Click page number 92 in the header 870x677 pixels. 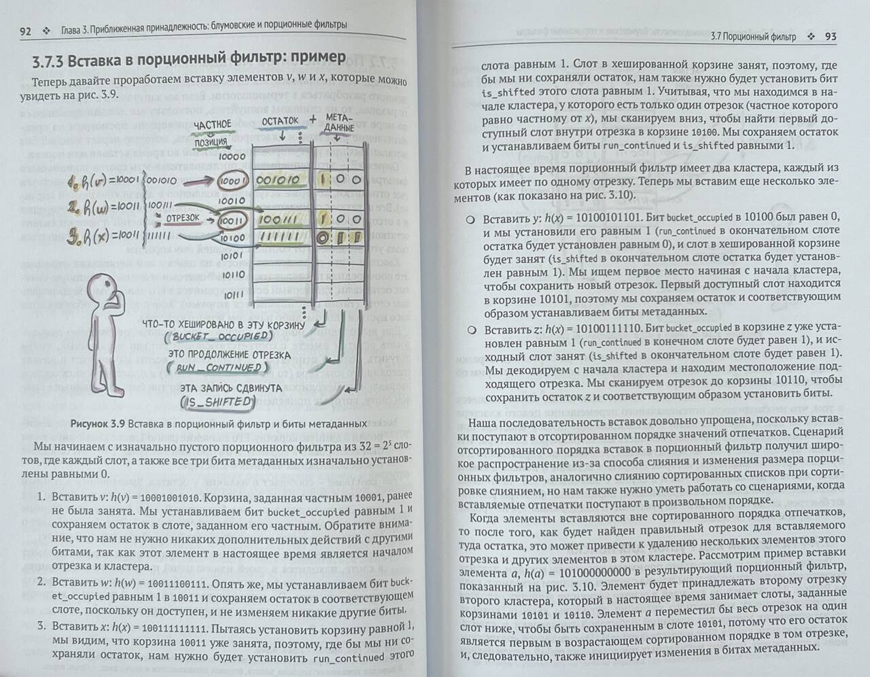click(x=25, y=31)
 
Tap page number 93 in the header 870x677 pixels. click(x=831, y=37)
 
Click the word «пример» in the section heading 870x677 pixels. click(x=318, y=57)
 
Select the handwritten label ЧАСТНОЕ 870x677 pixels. click(x=213, y=125)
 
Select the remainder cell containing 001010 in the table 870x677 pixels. click(x=278, y=180)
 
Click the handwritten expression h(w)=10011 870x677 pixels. click(x=103, y=207)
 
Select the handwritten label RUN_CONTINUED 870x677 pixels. click(x=219, y=368)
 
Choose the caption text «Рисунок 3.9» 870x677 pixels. click(x=98, y=424)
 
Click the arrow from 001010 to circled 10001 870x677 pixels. click(x=199, y=181)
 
